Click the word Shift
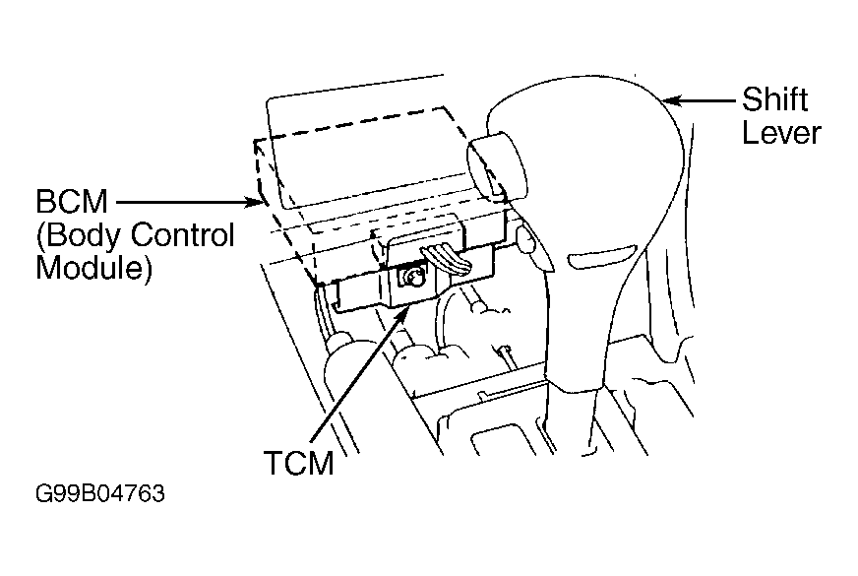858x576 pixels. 774,99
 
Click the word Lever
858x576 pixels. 781,133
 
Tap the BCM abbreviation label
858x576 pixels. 71,202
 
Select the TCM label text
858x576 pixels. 299,463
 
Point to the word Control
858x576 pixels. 183,235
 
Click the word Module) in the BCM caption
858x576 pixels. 93,268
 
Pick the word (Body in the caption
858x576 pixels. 80,236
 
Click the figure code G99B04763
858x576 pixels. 99,493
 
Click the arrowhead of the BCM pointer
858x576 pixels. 256,202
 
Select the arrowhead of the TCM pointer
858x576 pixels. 402,314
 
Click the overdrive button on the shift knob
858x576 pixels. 495,165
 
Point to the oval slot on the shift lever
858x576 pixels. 601,256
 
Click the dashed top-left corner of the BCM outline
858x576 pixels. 255,141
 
